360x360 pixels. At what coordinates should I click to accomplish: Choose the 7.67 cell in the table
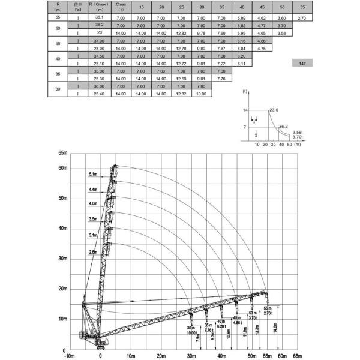tap(221, 48)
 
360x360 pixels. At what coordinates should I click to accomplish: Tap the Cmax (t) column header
tap(120, 7)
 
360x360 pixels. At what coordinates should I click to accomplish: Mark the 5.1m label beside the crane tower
tap(92, 174)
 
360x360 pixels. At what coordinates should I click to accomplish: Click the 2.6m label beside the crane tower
tap(92, 253)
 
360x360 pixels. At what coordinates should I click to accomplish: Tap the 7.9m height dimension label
tap(198, 340)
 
